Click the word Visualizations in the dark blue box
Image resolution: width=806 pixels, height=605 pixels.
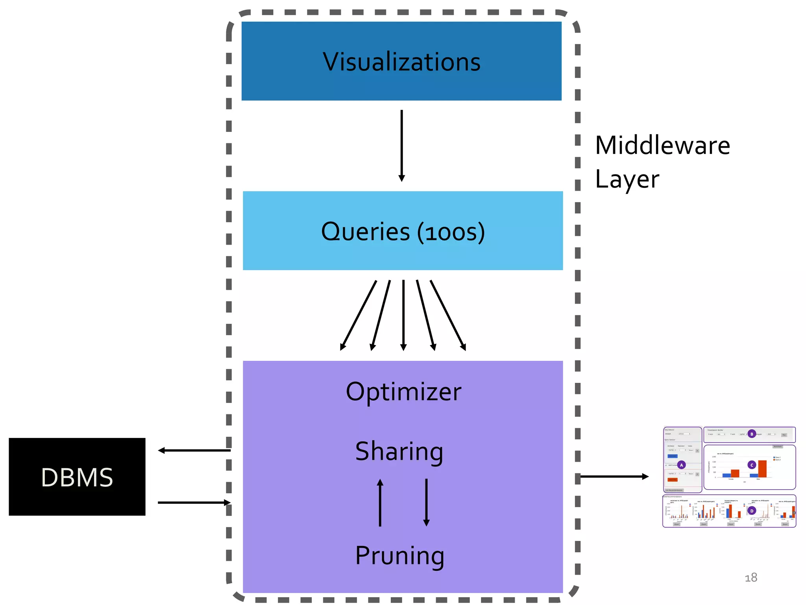coord(401,62)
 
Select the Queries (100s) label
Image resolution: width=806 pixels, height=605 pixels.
coord(403,232)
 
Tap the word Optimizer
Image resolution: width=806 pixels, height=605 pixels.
coord(403,392)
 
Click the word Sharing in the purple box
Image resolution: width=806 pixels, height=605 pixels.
coord(399,451)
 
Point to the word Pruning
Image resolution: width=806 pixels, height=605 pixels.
coord(399,555)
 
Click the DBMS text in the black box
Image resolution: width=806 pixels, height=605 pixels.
coord(77,477)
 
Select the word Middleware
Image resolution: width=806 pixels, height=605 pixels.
coord(662,145)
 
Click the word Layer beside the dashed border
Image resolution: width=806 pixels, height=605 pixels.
coord(627,179)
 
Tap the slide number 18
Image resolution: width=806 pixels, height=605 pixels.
coord(751,577)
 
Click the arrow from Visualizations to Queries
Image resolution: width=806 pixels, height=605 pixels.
coord(401,146)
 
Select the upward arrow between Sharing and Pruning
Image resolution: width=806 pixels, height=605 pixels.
coord(380,503)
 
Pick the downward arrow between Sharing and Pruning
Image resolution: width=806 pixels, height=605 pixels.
coord(426,503)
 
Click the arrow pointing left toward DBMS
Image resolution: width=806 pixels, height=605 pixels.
coord(194,450)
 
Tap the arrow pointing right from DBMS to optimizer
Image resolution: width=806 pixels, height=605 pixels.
coord(194,503)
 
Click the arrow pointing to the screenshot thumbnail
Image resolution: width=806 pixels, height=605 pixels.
coord(614,477)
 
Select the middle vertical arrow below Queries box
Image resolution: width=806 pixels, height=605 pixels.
coord(403,315)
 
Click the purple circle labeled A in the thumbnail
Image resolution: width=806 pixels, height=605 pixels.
coord(682,465)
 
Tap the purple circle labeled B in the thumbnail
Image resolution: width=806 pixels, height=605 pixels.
coord(752,434)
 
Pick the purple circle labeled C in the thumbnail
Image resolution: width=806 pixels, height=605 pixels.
coord(752,465)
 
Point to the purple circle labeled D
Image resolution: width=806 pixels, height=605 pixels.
coord(752,511)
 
